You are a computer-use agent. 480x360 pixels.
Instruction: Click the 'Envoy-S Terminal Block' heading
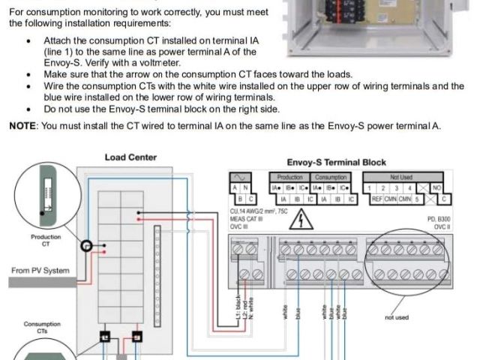pos(336,162)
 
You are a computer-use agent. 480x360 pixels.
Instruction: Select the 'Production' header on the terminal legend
pos(285,177)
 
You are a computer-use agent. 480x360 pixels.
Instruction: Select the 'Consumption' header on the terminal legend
pos(331,177)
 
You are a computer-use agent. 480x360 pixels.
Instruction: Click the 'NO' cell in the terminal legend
pos(436,187)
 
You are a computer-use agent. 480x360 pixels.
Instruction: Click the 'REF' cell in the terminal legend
pos(378,199)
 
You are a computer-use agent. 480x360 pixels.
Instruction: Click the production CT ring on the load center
pos(88,246)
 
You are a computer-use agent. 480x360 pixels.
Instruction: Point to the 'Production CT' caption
pos(46,240)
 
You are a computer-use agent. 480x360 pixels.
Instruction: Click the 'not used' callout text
pos(397,317)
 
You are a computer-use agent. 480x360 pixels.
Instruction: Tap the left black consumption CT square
pos(105,338)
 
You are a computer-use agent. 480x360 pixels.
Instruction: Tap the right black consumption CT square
pos(136,337)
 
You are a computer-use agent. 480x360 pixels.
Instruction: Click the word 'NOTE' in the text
pos(22,125)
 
